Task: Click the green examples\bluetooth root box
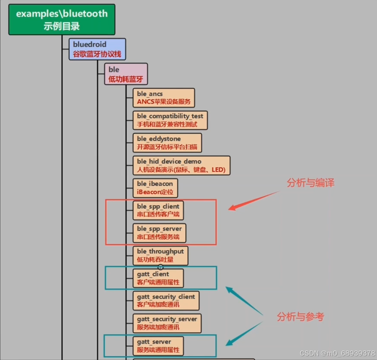tap(62, 19)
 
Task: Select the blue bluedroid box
tap(97, 49)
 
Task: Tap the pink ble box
tap(126, 74)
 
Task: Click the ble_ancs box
tap(164, 98)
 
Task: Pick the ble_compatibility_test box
tap(170, 120)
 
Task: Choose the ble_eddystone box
tap(167, 143)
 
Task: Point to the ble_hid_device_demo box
tap(181, 165)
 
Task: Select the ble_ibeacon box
tap(155, 188)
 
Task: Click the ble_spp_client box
tap(159, 210)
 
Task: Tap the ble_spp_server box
tap(160, 233)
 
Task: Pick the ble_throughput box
tap(160, 255)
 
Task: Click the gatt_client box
tap(159, 278)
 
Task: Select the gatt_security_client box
tap(166, 300)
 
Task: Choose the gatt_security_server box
tap(167, 323)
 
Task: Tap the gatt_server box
tap(159, 345)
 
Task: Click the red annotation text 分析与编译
tap(311, 183)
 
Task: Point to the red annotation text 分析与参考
tap(301, 317)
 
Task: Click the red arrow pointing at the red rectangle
tap(253, 201)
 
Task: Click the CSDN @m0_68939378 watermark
tap(337, 353)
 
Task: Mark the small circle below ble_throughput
tap(160, 267)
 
